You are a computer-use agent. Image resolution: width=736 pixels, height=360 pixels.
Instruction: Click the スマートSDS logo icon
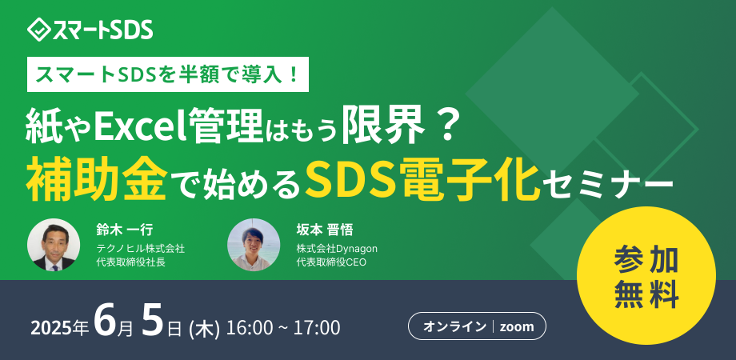click(x=38, y=31)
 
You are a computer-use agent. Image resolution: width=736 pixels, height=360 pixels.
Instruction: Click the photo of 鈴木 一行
click(x=54, y=245)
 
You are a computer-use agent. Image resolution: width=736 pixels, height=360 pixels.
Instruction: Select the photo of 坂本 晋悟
click(x=254, y=245)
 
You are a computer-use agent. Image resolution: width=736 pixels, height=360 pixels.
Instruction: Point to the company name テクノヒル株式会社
click(x=140, y=248)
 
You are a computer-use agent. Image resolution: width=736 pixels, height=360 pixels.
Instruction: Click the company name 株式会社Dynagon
click(x=337, y=248)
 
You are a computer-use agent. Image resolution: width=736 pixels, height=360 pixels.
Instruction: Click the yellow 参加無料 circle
click(x=646, y=277)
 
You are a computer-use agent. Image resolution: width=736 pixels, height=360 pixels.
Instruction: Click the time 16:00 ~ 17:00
click(x=283, y=328)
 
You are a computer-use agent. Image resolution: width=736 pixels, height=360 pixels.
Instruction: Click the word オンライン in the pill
click(x=454, y=326)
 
